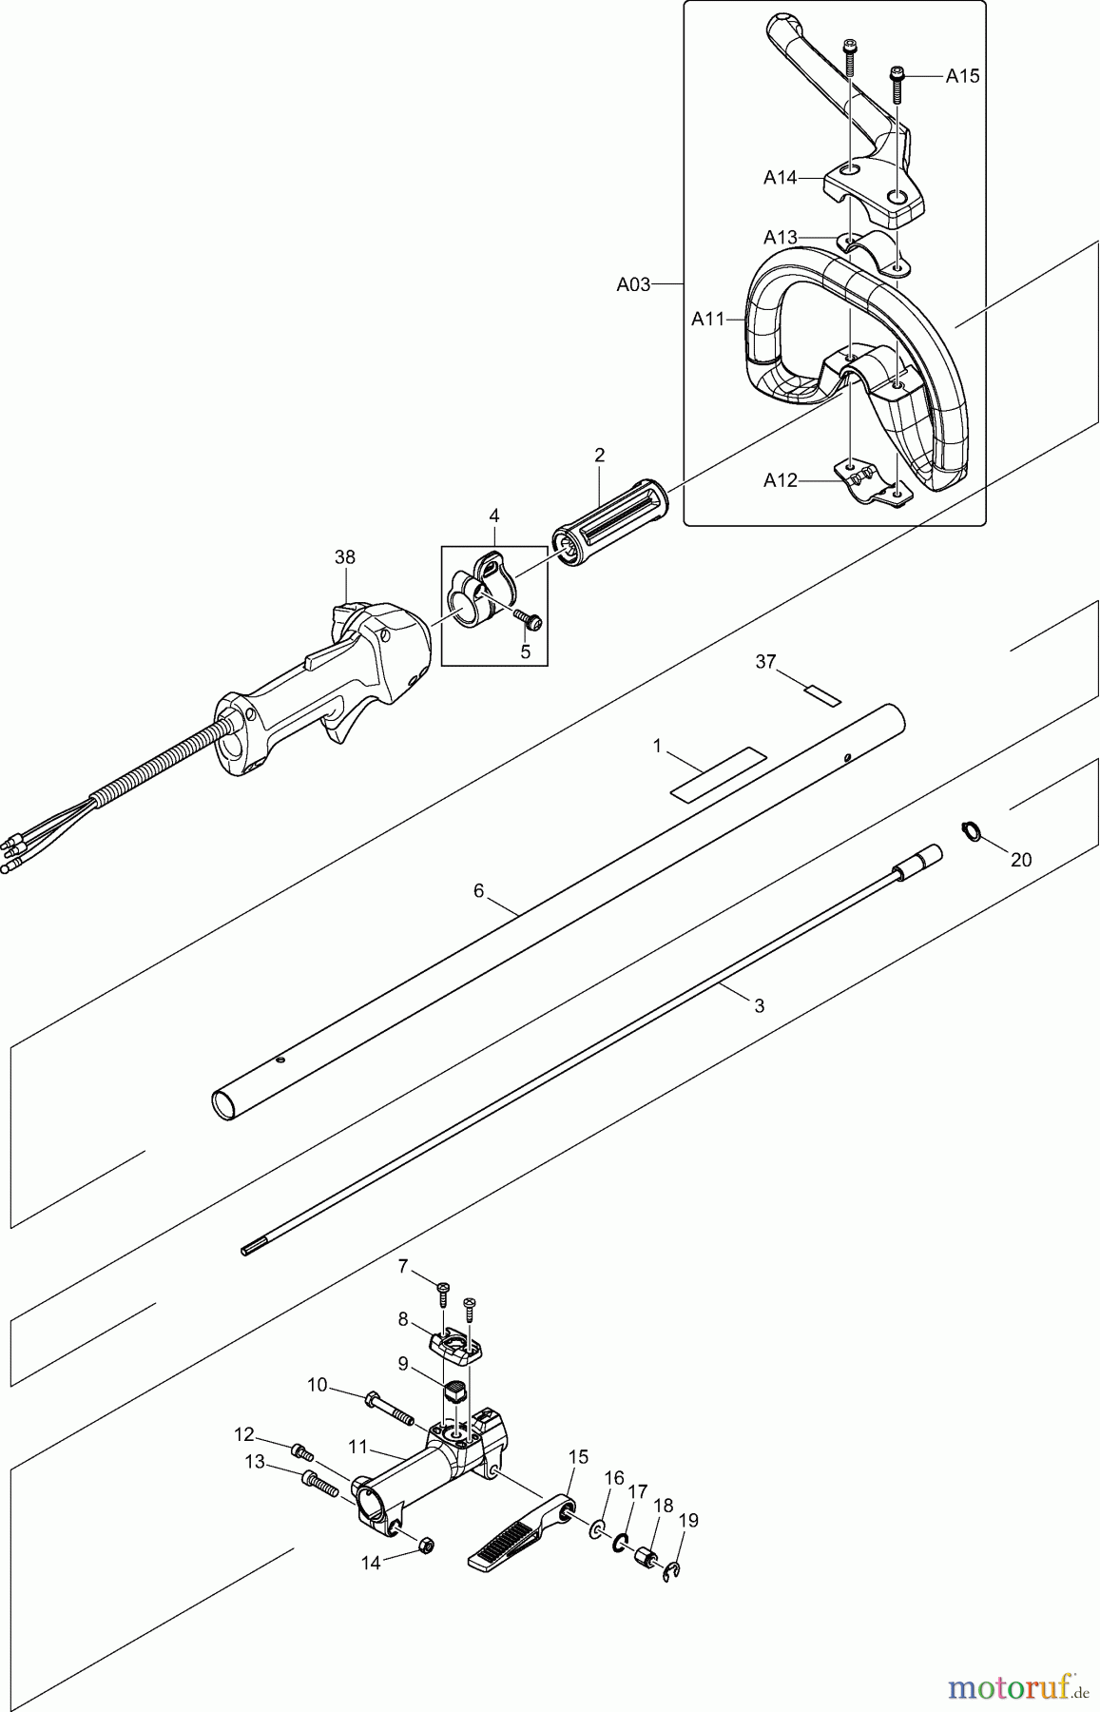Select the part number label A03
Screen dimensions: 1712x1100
[x=633, y=283]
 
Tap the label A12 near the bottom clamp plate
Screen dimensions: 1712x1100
[x=780, y=480]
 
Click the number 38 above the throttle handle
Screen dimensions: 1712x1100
[x=345, y=557]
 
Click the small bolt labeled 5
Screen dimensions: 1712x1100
[x=529, y=622]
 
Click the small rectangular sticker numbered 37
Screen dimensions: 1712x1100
[x=823, y=695]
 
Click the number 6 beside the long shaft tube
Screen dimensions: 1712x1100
[x=479, y=890]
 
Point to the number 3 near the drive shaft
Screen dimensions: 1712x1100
[x=758, y=1004]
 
